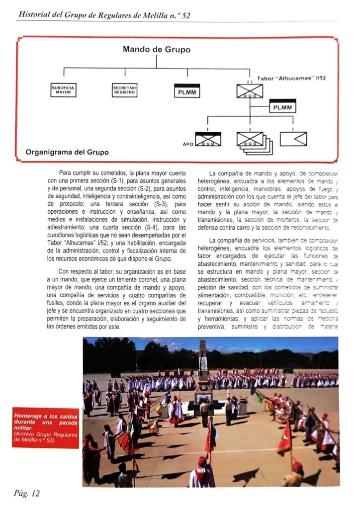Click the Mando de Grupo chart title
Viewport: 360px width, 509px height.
click(x=156, y=50)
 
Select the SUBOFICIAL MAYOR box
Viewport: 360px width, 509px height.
click(x=64, y=90)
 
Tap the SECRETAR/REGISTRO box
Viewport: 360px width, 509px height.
click(x=125, y=90)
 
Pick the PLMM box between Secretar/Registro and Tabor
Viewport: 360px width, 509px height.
click(x=187, y=91)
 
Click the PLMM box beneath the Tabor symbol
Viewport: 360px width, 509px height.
click(x=283, y=106)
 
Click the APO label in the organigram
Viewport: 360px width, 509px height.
click(x=188, y=144)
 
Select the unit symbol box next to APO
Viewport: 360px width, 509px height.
click(x=208, y=139)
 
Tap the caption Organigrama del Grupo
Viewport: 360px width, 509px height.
click(x=67, y=152)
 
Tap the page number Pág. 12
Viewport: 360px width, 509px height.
click(x=27, y=493)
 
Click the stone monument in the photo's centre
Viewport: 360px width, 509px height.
click(x=203, y=370)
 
